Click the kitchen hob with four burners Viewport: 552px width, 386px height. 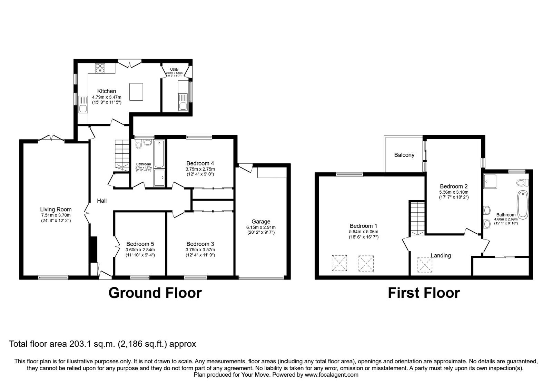(100, 68)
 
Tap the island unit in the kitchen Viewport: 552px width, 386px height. (136, 92)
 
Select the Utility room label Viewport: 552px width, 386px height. (174, 69)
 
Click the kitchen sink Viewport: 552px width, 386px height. (83, 104)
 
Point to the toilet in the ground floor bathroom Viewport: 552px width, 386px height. (139, 144)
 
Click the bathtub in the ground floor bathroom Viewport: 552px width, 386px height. (159, 154)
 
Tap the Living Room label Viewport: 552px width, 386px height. (56, 209)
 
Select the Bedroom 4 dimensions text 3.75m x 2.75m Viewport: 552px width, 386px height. (200, 169)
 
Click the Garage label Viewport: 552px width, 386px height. (261, 222)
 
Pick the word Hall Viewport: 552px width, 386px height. (102, 201)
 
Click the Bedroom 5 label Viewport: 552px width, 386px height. (140, 244)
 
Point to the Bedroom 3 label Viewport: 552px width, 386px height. (200, 244)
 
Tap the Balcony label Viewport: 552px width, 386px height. (404, 155)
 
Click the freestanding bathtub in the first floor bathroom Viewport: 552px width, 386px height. (523, 205)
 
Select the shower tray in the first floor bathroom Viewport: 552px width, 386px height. (490, 181)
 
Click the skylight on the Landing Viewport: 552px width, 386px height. (425, 265)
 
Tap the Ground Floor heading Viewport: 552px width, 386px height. (155, 293)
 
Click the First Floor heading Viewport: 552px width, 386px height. (424, 293)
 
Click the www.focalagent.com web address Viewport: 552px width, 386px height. (332, 375)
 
